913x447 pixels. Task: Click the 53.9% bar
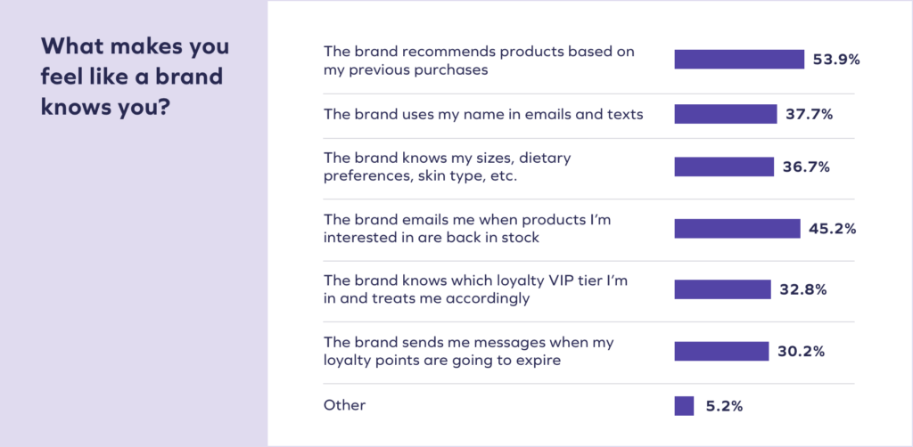point(739,60)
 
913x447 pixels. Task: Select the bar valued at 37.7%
point(726,114)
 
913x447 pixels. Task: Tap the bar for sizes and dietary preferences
point(724,167)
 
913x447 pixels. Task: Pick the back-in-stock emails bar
point(737,229)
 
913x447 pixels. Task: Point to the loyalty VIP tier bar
point(722,289)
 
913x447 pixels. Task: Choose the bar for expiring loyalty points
point(721,351)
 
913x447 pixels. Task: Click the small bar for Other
point(684,406)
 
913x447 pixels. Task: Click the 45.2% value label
point(832,229)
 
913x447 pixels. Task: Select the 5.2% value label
point(724,406)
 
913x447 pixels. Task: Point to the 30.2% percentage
point(802,352)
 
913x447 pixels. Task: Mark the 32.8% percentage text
point(803,290)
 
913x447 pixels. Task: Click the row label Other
point(345,405)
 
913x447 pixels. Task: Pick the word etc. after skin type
point(505,176)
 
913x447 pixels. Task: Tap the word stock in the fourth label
point(521,238)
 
